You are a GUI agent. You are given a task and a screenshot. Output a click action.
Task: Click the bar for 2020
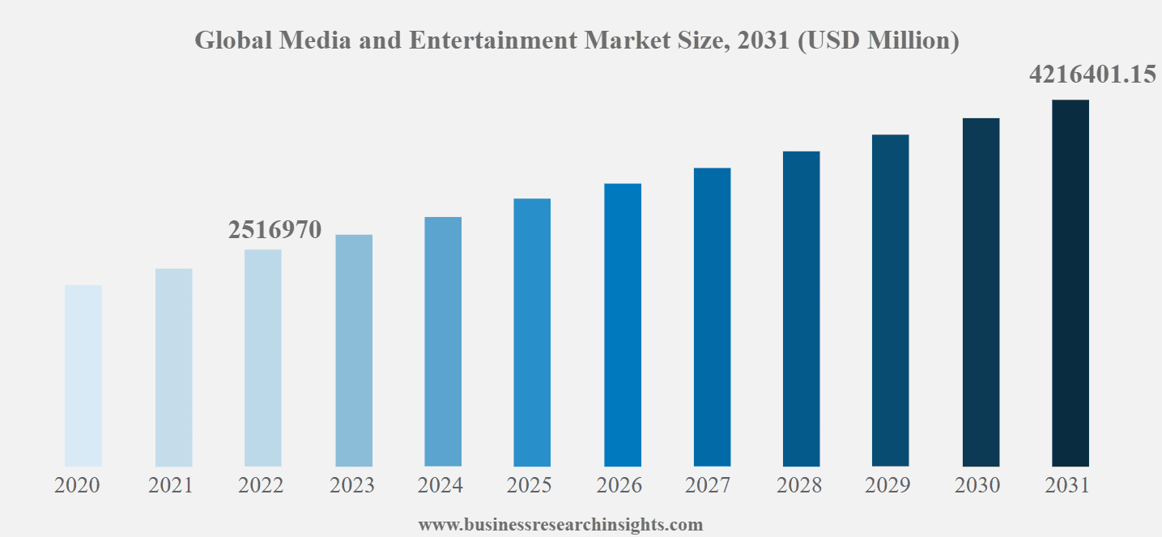83,376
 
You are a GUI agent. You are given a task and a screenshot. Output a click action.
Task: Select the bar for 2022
263,358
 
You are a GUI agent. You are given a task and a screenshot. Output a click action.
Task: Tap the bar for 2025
532,332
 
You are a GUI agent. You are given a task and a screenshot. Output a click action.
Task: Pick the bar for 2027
712,318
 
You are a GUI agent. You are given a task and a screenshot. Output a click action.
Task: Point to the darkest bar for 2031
1070,283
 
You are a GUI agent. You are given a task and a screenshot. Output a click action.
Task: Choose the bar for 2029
891,300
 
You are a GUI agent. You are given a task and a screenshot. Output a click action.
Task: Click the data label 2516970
275,230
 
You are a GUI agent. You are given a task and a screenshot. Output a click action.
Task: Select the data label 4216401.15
1092,75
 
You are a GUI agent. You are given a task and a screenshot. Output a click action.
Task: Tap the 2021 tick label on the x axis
171,485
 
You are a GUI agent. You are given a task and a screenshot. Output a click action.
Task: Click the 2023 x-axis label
352,485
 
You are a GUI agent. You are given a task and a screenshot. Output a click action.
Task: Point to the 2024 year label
441,485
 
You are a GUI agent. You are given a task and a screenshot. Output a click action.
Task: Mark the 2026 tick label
619,485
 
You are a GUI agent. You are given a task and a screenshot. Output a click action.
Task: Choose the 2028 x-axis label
799,485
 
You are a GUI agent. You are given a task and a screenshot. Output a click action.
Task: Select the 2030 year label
977,485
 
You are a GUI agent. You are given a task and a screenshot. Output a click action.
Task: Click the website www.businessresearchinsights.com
560,525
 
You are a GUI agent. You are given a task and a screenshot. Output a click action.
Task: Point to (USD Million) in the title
879,40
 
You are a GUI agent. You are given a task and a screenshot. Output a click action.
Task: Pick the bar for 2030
981,292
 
